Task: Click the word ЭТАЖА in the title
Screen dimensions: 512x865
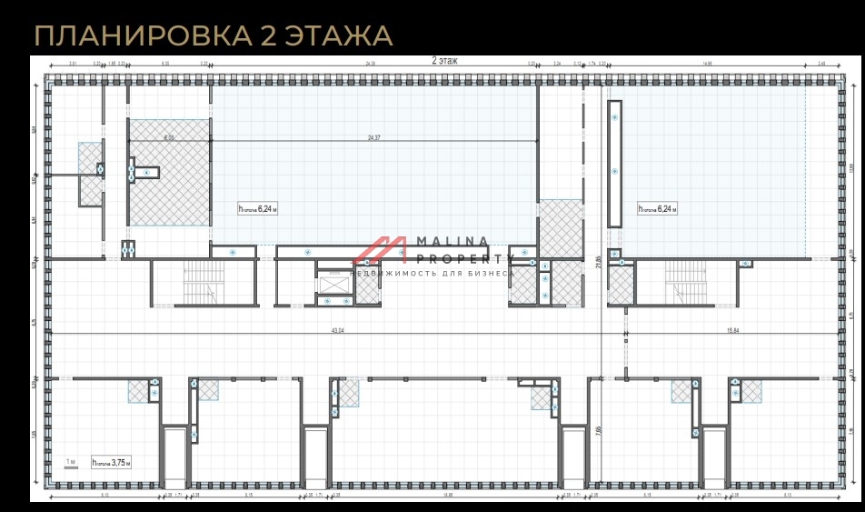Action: [339, 36]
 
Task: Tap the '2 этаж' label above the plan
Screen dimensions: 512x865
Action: [444, 60]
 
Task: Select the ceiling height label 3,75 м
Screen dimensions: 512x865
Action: [111, 462]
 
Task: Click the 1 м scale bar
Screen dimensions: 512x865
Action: [71, 462]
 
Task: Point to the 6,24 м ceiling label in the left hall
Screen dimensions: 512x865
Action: [257, 208]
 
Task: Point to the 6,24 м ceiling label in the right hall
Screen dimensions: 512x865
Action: [657, 208]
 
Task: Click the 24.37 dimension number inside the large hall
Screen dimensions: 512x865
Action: [373, 137]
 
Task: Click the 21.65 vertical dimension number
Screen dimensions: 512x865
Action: [597, 262]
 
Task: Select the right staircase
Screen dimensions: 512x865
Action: [686, 282]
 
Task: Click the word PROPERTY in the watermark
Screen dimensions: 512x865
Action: [454, 258]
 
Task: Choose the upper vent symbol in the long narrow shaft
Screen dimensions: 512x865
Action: [615, 117]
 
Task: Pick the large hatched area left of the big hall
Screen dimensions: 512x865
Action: [169, 173]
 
